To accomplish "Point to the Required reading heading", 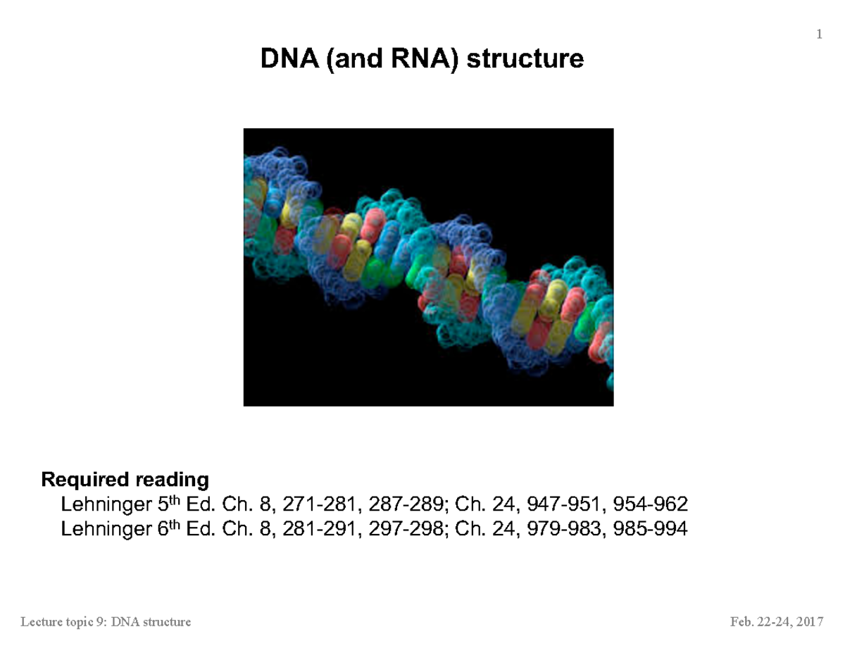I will [x=125, y=480].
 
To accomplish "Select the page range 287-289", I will [x=401, y=504].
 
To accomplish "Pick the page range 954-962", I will [x=650, y=504].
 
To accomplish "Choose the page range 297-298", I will [x=401, y=528].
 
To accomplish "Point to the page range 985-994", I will [x=650, y=528].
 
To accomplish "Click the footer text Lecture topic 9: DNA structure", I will [x=106, y=622].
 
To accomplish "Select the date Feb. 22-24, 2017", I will [x=777, y=622].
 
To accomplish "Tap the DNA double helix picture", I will [x=428, y=267].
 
